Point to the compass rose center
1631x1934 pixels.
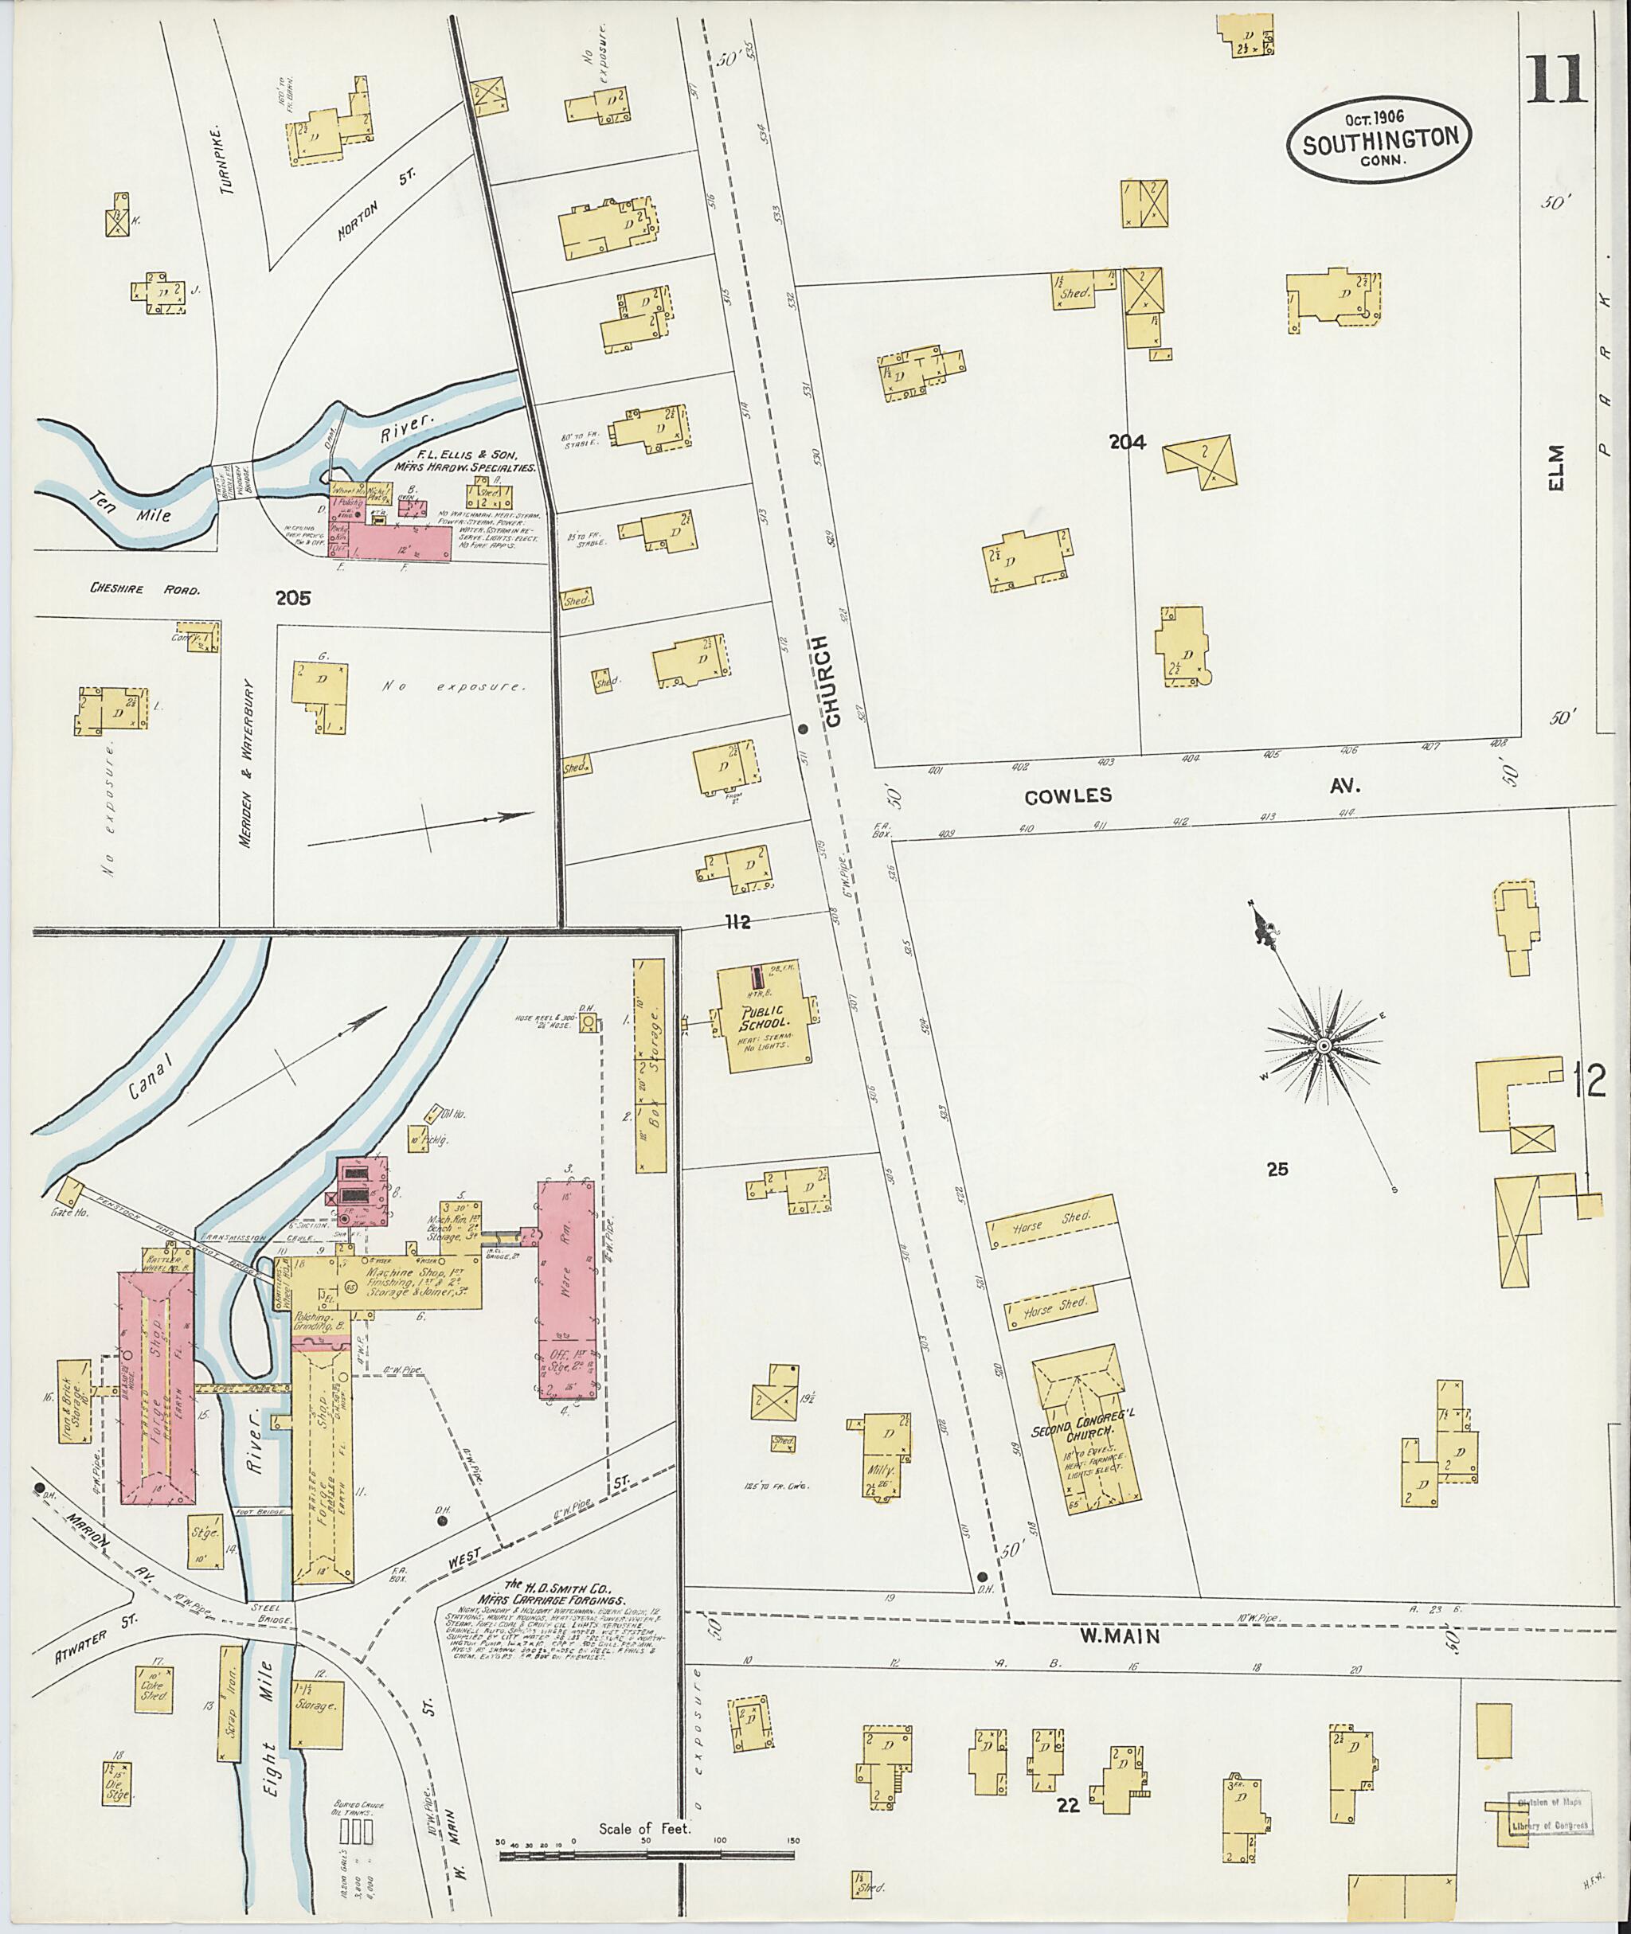(1323, 1045)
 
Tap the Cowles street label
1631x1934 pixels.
(1068, 796)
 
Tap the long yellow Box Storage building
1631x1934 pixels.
(650, 1066)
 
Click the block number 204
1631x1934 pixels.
(1127, 443)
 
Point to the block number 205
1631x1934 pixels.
(292, 598)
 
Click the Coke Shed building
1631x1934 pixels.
(154, 1689)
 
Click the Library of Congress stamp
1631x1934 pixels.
(1548, 1813)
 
